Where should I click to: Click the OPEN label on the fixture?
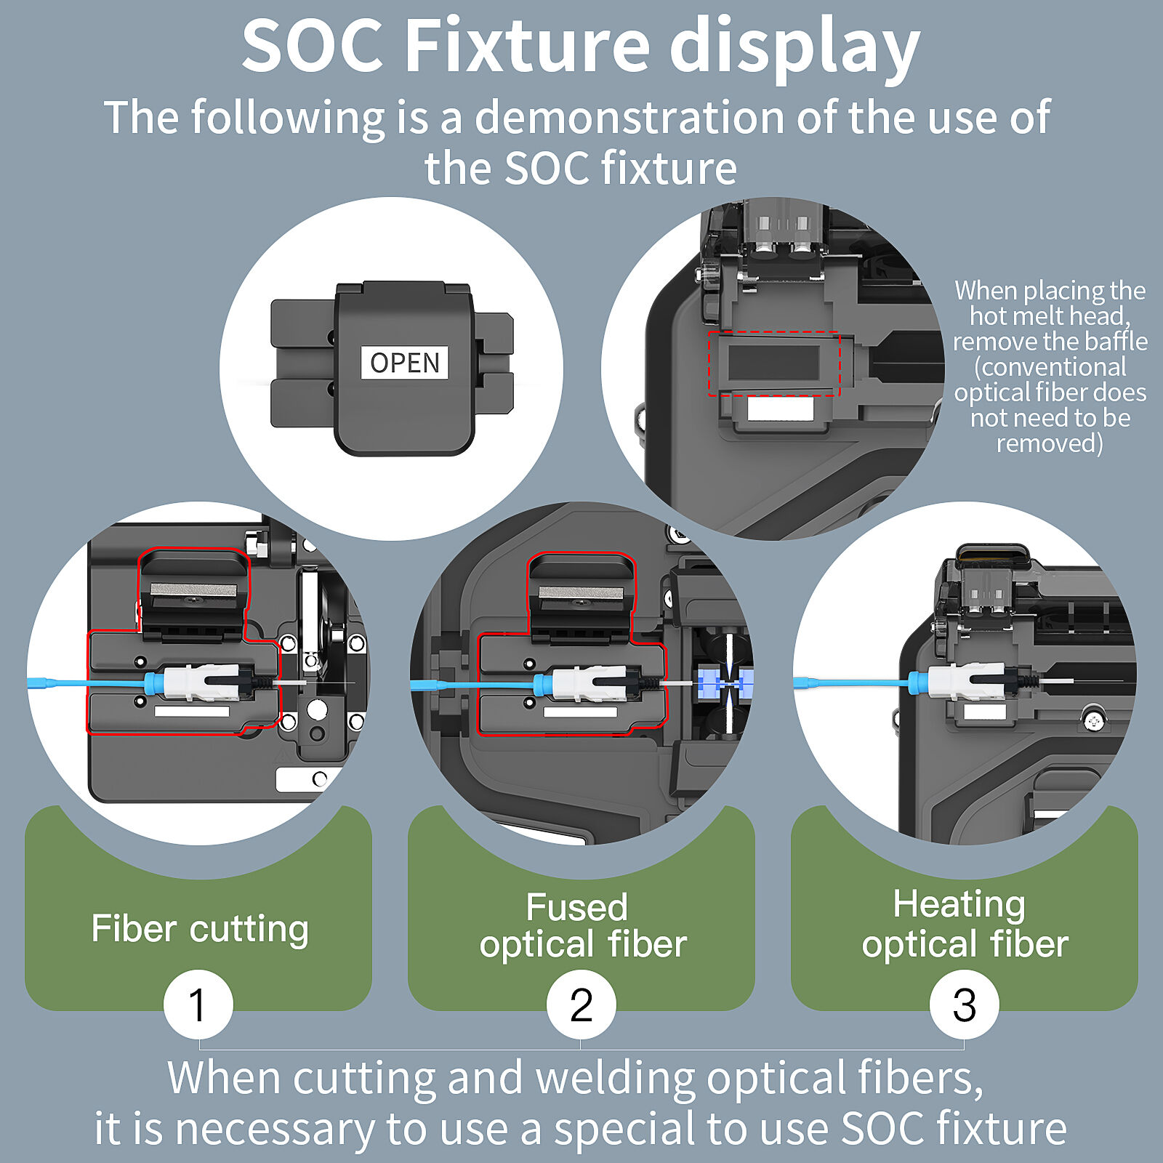pyautogui.click(x=404, y=362)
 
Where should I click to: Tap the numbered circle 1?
pyautogui.click(x=198, y=1005)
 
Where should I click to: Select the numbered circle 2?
pyautogui.click(x=581, y=1005)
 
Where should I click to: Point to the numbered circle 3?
pyautogui.click(x=964, y=1005)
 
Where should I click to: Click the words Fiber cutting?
pyautogui.click(x=200, y=929)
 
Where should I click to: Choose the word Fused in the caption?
pyautogui.click(x=576, y=906)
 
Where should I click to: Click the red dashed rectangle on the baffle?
pyautogui.click(x=774, y=364)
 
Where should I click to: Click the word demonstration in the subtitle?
pyautogui.click(x=629, y=117)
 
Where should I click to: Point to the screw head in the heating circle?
pyautogui.click(x=1093, y=720)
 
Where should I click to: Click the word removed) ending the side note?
pyautogui.click(x=1050, y=443)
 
